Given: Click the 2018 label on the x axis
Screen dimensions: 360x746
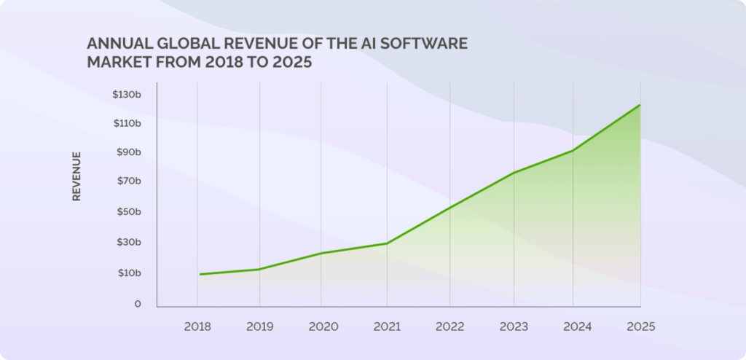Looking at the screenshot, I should [197, 326].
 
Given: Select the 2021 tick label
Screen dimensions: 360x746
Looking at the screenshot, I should [387, 326].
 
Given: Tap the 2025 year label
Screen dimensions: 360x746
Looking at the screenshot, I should [640, 326].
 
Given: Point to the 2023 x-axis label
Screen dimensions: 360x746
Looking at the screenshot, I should [514, 326].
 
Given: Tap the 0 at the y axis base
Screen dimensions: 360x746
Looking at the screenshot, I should [137, 304].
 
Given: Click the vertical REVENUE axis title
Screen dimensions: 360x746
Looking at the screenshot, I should [76, 176].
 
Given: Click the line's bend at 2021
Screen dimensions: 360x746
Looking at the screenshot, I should [387, 243].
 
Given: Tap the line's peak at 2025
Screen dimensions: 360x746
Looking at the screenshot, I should [640, 105].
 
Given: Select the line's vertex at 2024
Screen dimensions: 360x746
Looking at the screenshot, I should [573, 150].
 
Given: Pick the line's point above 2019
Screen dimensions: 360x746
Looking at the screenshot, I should [259, 270].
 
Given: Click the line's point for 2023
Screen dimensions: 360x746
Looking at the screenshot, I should [514, 173].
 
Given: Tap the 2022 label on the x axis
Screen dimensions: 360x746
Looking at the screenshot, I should [449, 326].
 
